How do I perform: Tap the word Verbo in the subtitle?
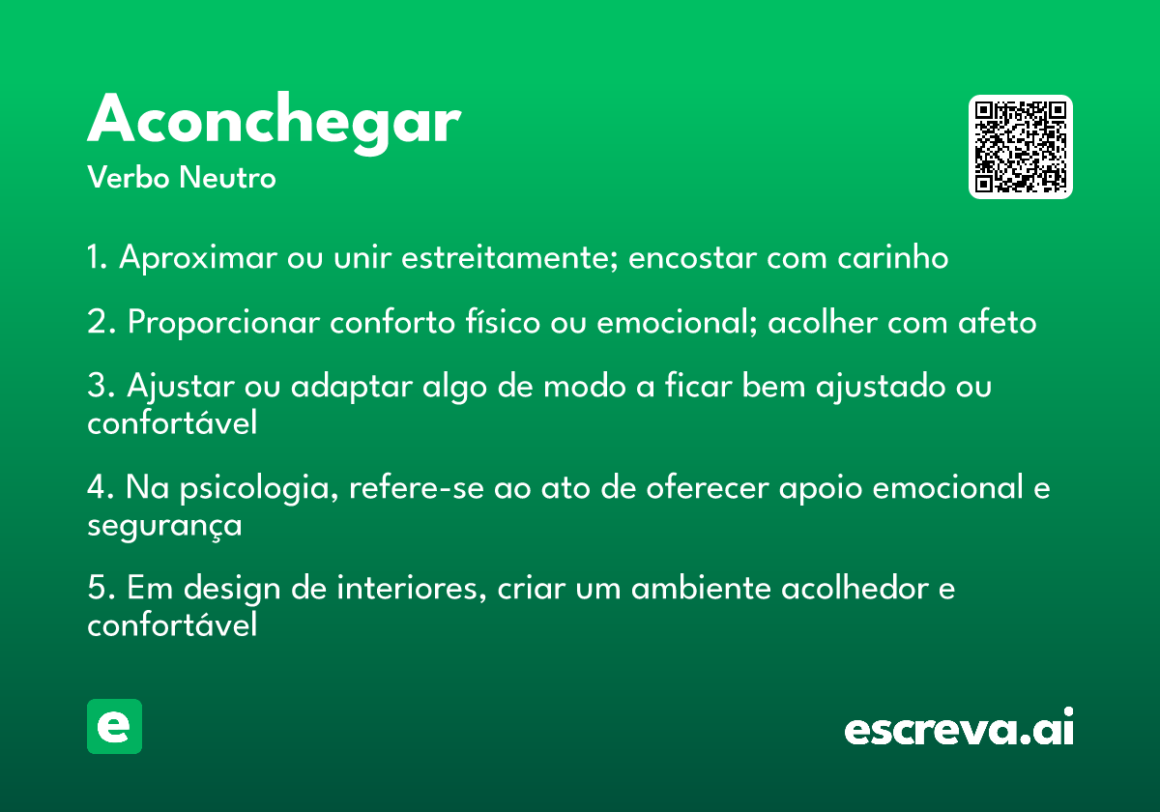click(x=129, y=178)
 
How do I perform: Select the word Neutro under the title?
click(x=227, y=178)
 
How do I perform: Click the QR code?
click(x=1020, y=147)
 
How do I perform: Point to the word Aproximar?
click(x=198, y=257)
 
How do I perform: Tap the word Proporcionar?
click(x=223, y=322)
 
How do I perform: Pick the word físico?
click(x=503, y=322)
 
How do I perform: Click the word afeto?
click(x=997, y=322)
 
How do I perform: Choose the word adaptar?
click(x=352, y=387)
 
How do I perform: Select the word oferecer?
click(x=708, y=487)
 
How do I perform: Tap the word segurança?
click(x=164, y=526)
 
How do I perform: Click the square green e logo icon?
click(x=114, y=726)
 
